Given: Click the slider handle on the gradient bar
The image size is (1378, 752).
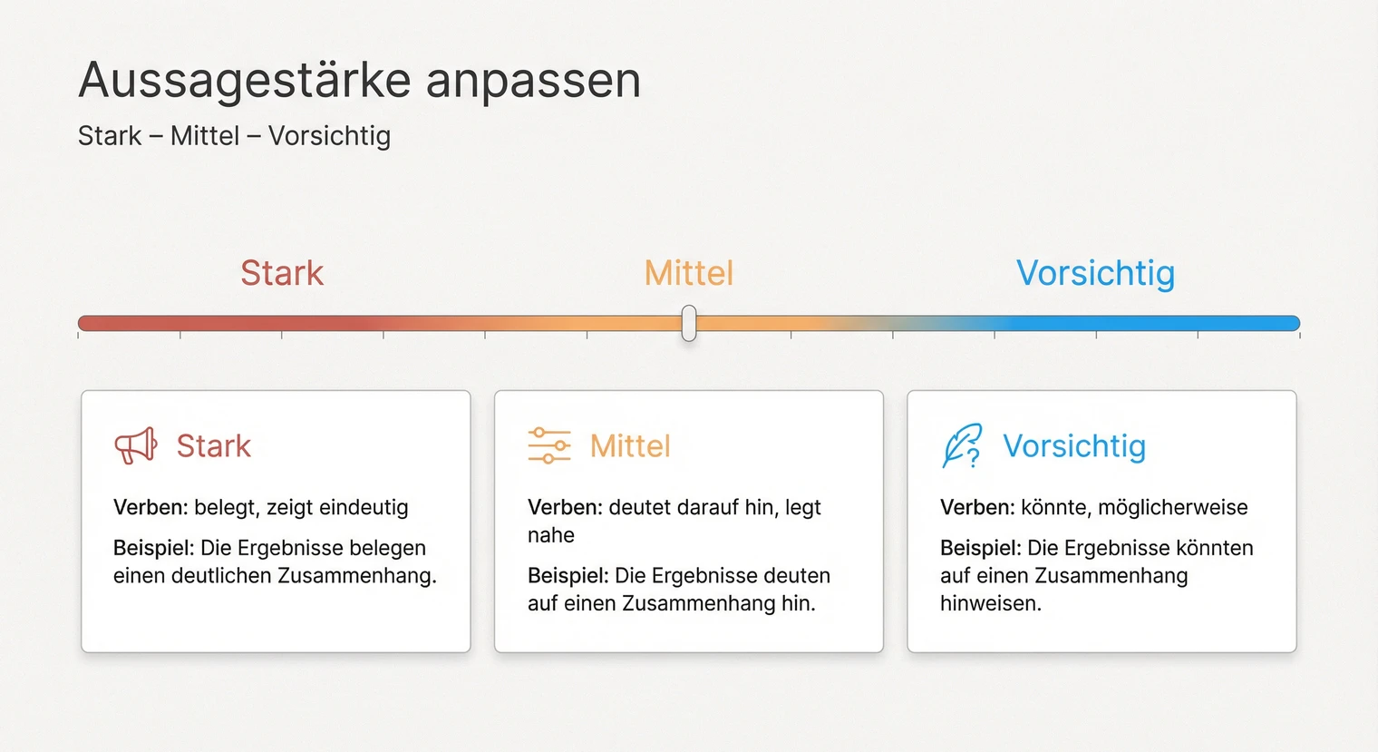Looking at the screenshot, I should (x=689, y=323).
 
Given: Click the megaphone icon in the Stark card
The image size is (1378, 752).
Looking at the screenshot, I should (x=136, y=445).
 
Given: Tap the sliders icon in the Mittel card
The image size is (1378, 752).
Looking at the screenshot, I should (x=549, y=445).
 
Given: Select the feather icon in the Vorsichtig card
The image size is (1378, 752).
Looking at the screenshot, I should (x=962, y=445).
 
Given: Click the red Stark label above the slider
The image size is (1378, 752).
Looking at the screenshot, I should (x=282, y=273).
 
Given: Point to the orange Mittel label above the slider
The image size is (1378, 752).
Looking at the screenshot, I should (x=689, y=273).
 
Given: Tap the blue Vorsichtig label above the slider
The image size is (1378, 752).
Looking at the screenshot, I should (x=1095, y=273).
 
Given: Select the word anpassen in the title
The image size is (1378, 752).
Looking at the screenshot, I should (x=533, y=81).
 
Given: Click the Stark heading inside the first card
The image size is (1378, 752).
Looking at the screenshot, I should (x=213, y=446).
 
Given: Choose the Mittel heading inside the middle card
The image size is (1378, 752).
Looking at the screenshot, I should (x=630, y=446).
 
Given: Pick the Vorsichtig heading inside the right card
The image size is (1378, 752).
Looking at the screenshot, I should (x=1074, y=446).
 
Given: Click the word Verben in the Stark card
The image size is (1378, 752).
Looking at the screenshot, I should (x=150, y=507).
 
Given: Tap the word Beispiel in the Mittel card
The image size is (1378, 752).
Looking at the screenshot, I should (x=568, y=575).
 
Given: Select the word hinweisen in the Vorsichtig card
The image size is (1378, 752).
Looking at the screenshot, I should (x=990, y=603).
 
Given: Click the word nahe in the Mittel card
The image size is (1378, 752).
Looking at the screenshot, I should (x=551, y=535).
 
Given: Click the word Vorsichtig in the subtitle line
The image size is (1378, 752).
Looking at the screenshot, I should (x=329, y=136).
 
